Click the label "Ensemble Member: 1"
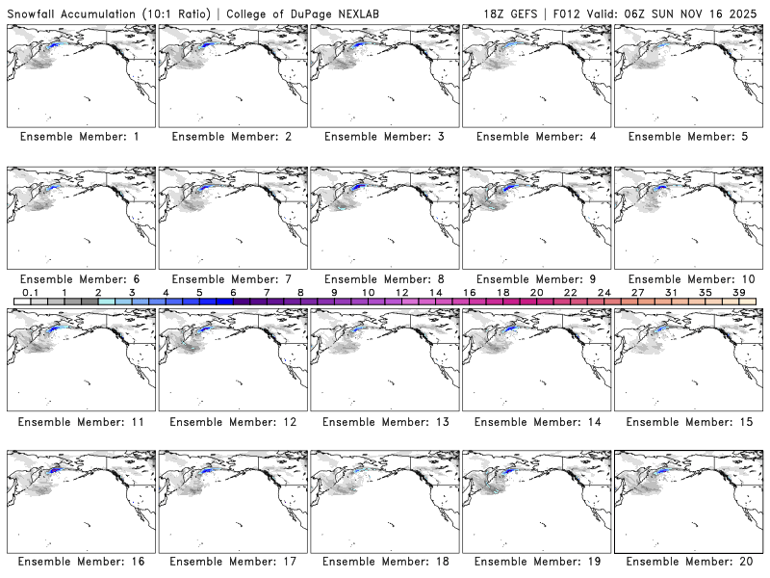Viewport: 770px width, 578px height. [x=80, y=137]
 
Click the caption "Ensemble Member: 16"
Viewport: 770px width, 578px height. [x=80, y=561]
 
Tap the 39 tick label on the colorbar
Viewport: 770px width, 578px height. [x=738, y=292]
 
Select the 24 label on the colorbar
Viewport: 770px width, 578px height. [x=603, y=292]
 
